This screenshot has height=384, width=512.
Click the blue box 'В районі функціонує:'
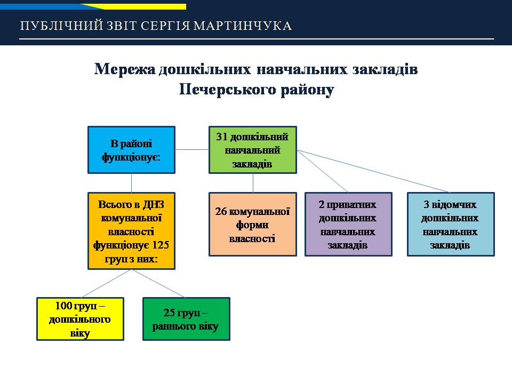(x=131, y=150)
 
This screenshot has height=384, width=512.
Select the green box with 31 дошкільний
(x=253, y=150)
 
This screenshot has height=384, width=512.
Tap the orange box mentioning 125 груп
(x=131, y=231)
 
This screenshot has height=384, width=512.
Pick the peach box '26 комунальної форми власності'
(x=253, y=225)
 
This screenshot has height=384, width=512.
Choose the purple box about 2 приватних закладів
(x=348, y=225)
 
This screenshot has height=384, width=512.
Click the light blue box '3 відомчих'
(x=451, y=225)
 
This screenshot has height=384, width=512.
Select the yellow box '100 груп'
(x=81, y=319)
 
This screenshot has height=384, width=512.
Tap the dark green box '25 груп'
(x=187, y=319)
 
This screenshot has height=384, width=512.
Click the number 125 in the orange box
(x=161, y=245)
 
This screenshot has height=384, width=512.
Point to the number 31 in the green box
(x=222, y=137)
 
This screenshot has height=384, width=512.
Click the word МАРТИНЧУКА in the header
(x=243, y=26)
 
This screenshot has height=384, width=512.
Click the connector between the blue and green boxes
(x=192, y=149)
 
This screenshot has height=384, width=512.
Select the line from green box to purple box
(x=322, y=171)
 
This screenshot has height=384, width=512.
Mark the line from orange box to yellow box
(x=106, y=283)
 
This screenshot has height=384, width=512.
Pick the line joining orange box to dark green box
(x=159, y=283)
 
